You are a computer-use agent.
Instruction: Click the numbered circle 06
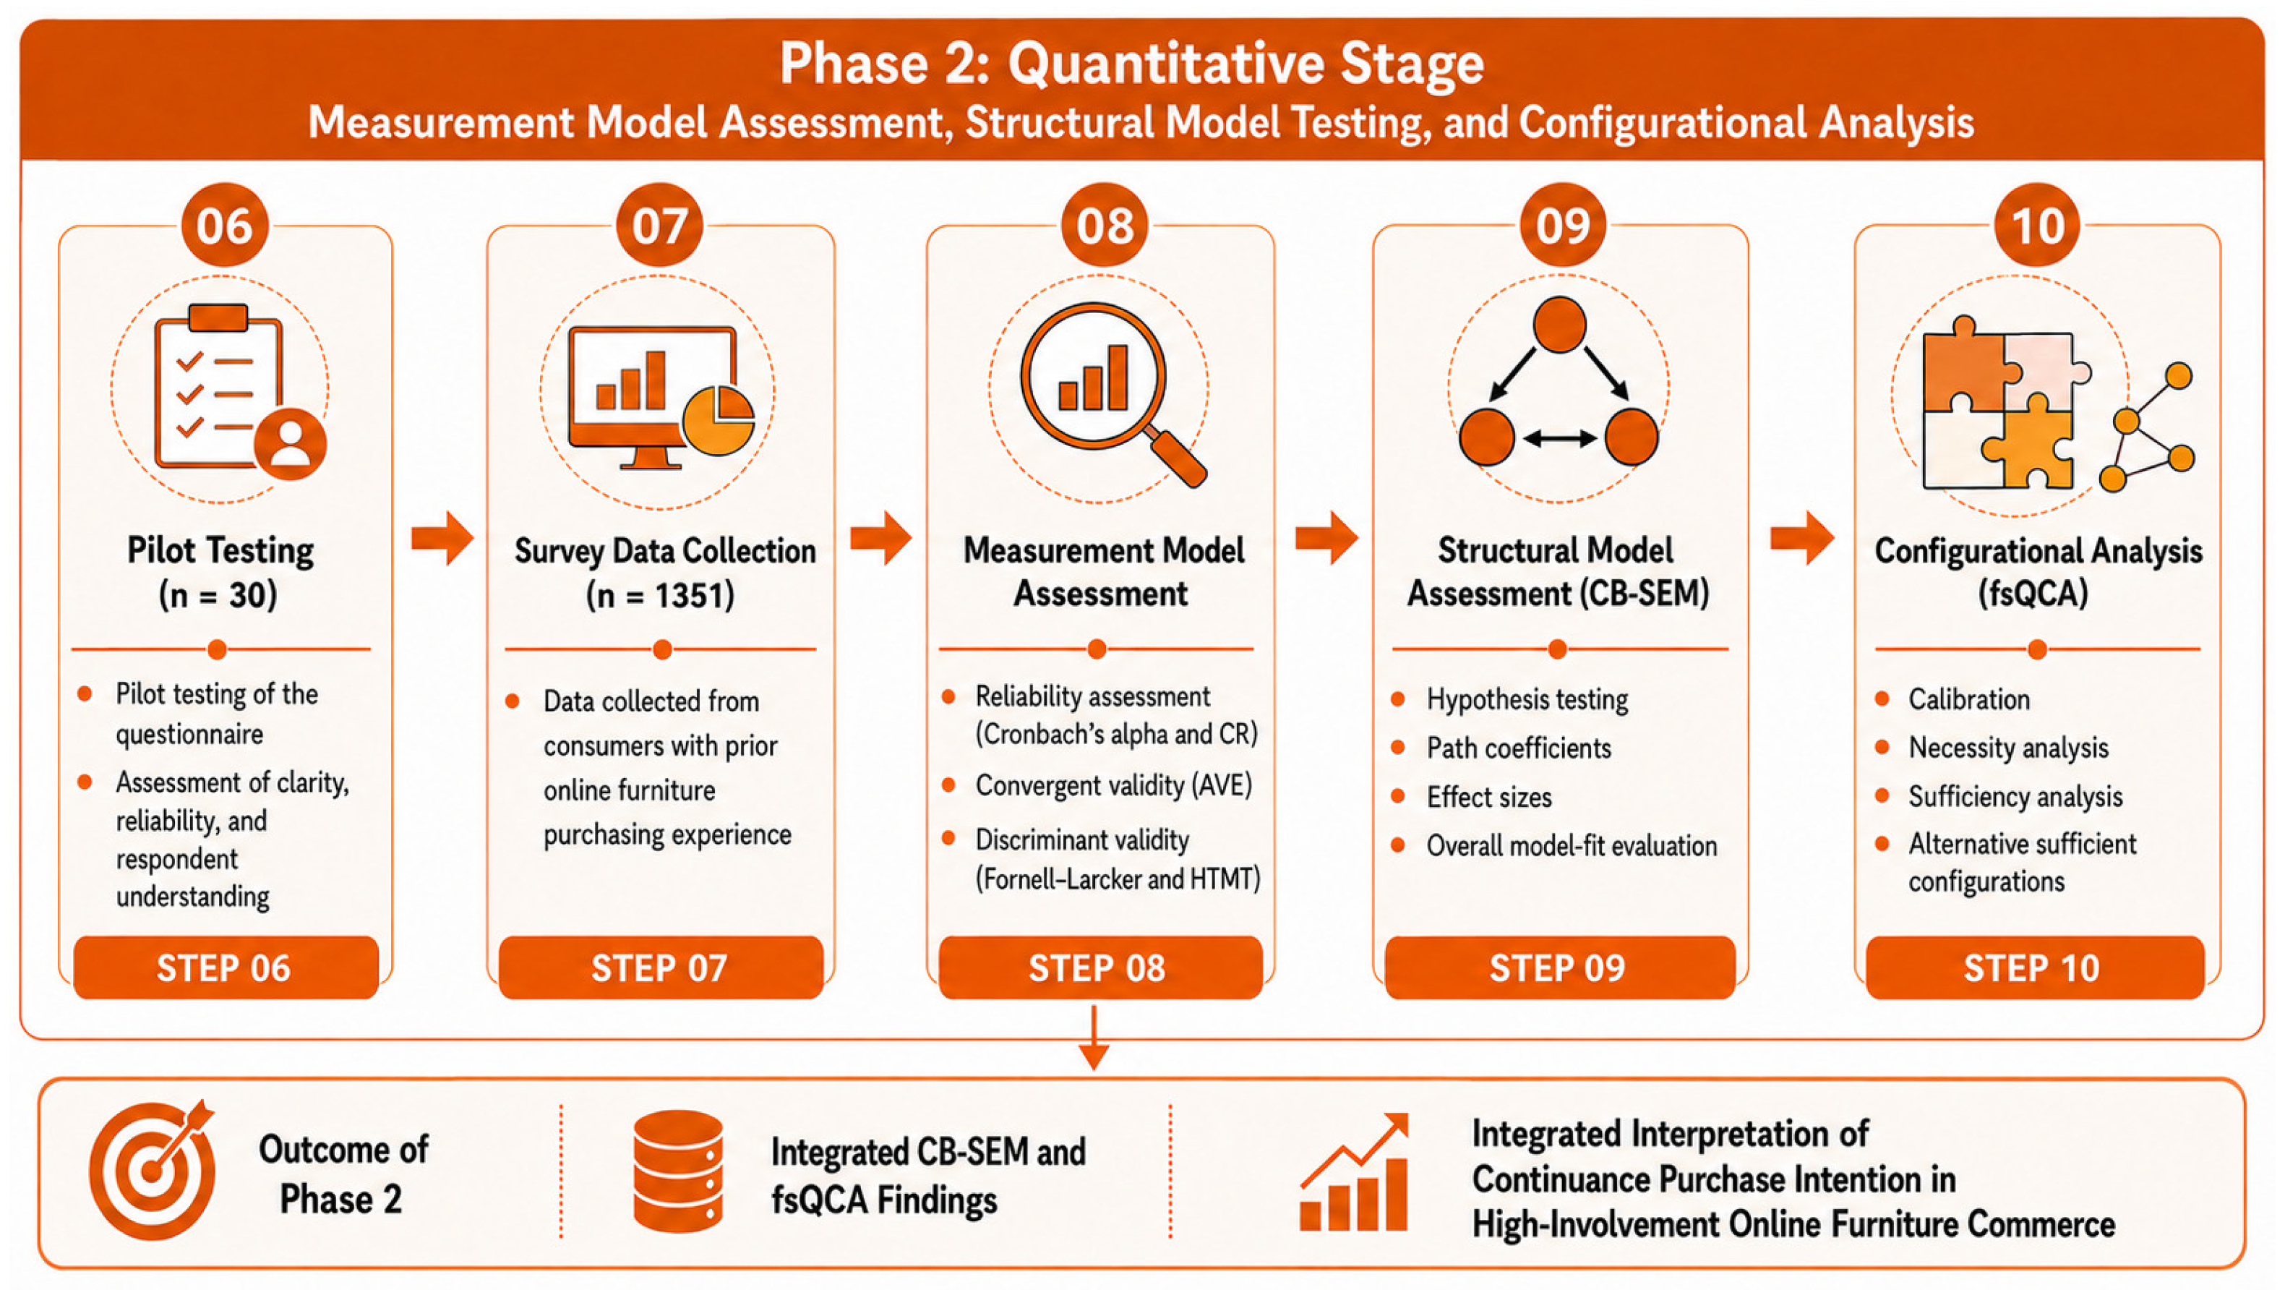pyautogui.click(x=224, y=226)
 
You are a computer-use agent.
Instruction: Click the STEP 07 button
pyautogui.click(x=661, y=967)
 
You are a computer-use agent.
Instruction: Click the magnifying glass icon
pyautogui.click(x=1113, y=394)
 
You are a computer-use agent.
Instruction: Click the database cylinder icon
pyautogui.click(x=679, y=1171)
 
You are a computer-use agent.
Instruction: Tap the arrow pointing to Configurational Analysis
pyautogui.click(x=1801, y=538)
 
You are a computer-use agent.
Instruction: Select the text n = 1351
pyautogui.click(x=661, y=594)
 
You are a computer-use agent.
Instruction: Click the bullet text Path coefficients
pyautogui.click(x=1519, y=748)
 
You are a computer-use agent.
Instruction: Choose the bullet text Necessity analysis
pyautogui.click(x=2008, y=748)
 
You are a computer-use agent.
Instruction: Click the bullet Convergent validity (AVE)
pyautogui.click(x=1113, y=785)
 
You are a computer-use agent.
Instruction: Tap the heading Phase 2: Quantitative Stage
pyautogui.click(x=1132, y=64)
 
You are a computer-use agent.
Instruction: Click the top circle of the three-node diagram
pyautogui.click(x=1559, y=325)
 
